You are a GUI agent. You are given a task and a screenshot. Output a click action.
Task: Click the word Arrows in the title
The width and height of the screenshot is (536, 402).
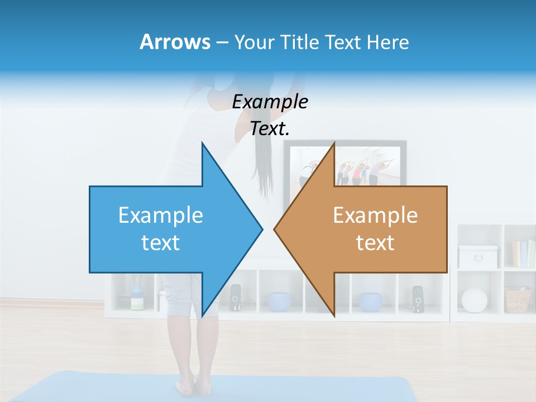point(175,42)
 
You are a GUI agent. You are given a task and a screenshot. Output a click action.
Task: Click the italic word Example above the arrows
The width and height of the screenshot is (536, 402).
point(270,102)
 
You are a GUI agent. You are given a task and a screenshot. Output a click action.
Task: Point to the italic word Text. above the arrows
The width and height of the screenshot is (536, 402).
point(270,129)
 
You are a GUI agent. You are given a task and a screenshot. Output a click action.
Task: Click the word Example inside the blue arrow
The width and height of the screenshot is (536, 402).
point(161,216)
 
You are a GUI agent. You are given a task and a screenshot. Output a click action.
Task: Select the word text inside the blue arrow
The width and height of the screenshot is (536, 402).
point(161,243)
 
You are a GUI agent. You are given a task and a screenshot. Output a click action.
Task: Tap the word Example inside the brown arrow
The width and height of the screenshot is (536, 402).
point(375,216)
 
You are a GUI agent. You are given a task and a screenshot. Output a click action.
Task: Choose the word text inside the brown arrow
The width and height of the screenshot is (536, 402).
point(375,243)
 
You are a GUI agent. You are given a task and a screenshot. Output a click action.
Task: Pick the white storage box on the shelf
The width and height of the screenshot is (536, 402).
point(478,256)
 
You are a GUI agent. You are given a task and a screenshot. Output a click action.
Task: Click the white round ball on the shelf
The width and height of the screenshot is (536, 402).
point(474,300)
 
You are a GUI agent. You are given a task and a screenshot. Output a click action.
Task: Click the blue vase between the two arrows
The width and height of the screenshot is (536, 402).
point(279,301)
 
